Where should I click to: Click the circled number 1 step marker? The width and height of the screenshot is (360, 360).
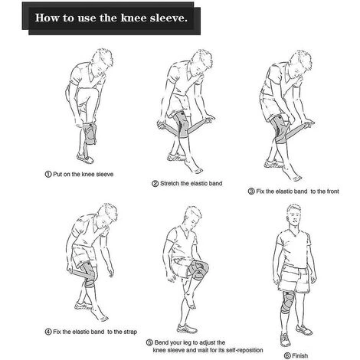pyautogui.click(x=48, y=175)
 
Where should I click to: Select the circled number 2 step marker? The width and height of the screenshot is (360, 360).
pyautogui.click(x=155, y=183)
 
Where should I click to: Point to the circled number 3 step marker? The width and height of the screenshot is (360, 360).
pyautogui.click(x=251, y=191)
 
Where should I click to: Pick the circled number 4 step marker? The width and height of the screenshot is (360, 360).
pyautogui.click(x=48, y=332)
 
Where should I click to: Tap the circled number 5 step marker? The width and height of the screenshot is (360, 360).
pyautogui.click(x=149, y=342)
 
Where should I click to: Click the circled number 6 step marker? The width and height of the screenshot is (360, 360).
pyautogui.click(x=287, y=355)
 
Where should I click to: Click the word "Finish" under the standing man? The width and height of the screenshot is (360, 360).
pyautogui.click(x=300, y=355)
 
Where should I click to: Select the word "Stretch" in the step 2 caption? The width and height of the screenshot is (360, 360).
pyautogui.click(x=169, y=183)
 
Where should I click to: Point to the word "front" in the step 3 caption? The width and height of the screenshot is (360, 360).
pyautogui.click(x=332, y=191)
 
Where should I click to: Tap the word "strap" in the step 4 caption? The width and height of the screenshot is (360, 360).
pyautogui.click(x=130, y=332)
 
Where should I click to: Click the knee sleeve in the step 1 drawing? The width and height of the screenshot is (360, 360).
pyautogui.click(x=90, y=133)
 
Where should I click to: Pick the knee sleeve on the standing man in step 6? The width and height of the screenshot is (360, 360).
pyautogui.click(x=288, y=303)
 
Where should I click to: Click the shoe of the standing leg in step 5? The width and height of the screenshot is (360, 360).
pyautogui.click(x=187, y=329)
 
